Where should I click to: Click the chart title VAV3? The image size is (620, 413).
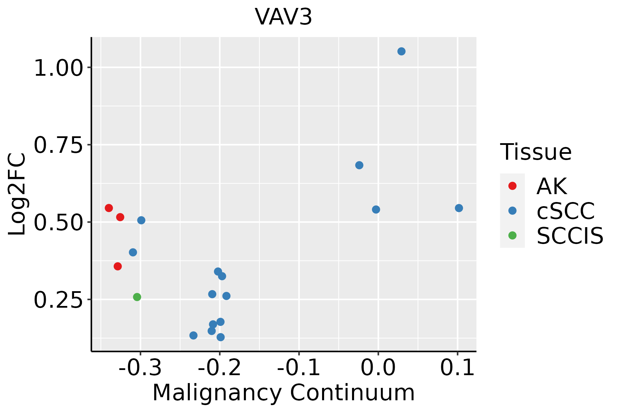click(283, 17)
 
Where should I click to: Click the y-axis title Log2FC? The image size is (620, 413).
click(17, 194)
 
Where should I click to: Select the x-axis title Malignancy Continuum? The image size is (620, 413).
click(283, 393)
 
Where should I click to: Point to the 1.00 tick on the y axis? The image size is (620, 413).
click(59, 68)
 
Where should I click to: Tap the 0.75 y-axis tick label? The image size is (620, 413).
click(59, 145)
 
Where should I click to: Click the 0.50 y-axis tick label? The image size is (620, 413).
click(59, 223)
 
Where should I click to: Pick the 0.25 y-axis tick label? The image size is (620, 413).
click(59, 300)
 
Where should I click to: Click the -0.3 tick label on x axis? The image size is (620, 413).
click(140, 368)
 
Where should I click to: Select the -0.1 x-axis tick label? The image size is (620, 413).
click(299, 368)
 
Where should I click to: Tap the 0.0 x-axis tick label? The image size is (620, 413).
click(378, 368)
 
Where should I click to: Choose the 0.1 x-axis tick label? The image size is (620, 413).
click(457, 368)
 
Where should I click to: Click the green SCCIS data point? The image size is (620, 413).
click(137, 297)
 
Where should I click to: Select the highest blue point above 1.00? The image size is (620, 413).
click(401, 51)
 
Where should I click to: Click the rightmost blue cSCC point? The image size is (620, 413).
click(459, 208)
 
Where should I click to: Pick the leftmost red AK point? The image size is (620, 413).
click(109, 208)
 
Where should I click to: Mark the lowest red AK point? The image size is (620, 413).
click(118, 266)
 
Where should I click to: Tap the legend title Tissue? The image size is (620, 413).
click(536, 152)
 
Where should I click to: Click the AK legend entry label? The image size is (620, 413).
click(551, 186)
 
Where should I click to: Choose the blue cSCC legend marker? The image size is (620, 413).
click(512, 211)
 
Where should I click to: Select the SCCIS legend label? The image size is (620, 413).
click(570, 236)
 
